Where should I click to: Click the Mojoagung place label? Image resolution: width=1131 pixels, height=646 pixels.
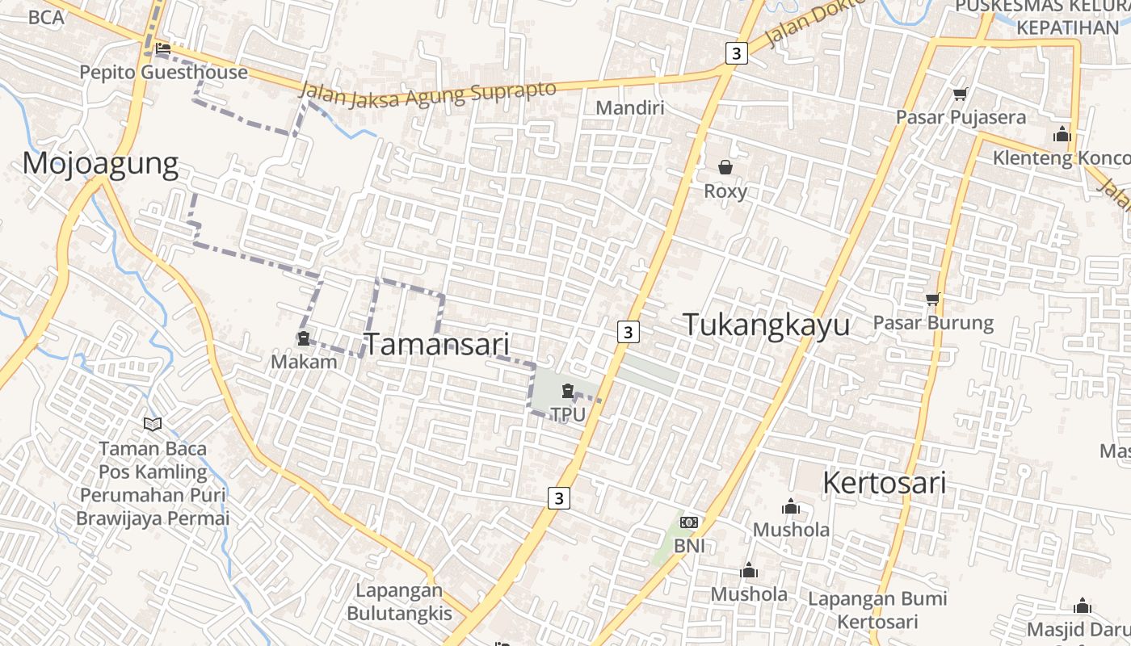click(100, 163)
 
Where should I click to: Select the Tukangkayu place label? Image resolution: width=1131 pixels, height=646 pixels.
click(766, 325)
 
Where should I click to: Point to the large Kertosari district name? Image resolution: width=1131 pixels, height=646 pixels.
click(884, 483)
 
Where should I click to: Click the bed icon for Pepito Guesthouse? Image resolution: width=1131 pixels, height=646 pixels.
click(163, 48)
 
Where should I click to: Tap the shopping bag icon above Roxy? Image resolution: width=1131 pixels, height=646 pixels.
click(725, 167)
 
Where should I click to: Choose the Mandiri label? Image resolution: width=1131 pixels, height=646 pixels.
click(629, 107)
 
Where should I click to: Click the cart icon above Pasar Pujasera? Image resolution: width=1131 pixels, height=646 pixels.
click(960, 94)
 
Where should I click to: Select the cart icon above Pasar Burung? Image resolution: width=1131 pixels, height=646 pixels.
click(933, 300)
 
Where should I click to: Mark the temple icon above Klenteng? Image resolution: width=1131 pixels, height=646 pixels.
click(1062, 134)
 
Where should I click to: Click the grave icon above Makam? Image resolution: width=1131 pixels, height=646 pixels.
click(304, 338)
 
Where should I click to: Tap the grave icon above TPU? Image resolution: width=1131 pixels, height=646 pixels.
click(567, 391)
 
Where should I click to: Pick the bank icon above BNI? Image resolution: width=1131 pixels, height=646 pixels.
click(688, 522)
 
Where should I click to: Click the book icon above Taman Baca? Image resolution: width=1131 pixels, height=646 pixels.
click(152, 424)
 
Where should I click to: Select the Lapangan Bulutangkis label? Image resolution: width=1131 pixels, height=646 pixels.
click(399, 602)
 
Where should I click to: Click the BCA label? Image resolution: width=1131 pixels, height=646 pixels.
click(45, 17)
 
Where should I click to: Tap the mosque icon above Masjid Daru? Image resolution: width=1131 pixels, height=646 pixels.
click(1082, 606)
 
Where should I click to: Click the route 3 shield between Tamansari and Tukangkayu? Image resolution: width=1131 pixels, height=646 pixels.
click(629, 331)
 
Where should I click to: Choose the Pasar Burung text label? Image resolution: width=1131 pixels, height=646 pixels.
click(933, 323)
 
